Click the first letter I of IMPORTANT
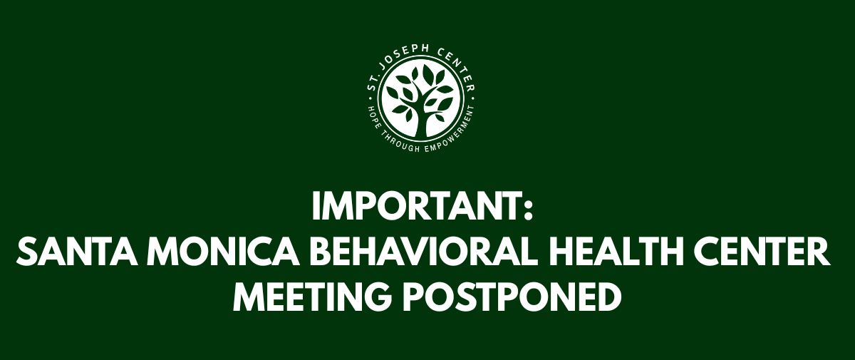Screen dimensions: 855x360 coord(316,207)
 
